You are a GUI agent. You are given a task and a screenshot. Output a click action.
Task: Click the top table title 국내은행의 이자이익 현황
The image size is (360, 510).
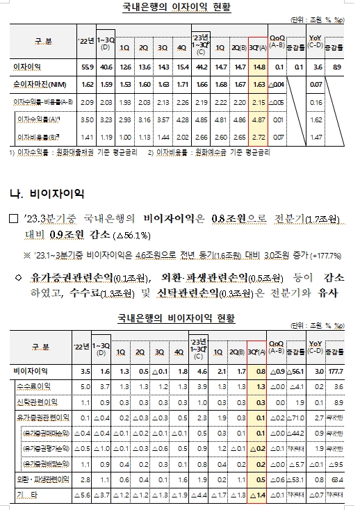point(180,8)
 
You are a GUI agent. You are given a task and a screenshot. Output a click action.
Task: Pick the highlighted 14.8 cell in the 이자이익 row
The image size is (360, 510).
point(257,67)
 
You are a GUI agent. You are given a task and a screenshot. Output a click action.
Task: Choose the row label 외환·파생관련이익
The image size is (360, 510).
point(35,479)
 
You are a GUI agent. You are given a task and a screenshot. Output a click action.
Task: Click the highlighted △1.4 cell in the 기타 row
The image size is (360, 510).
point(257,495)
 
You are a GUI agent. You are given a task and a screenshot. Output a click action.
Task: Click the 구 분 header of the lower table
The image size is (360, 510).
point(38,346)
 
